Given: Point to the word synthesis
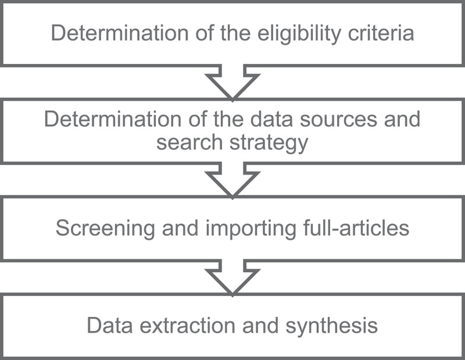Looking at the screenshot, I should pyautogui.click(x=332, y=325).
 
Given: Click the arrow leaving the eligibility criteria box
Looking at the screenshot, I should pyautogui.click(x=232, y=81).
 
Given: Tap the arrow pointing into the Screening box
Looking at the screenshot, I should pyautogui.click(x=232, y=179).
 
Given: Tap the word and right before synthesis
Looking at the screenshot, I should pyautogui.click(x=267, y=325).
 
